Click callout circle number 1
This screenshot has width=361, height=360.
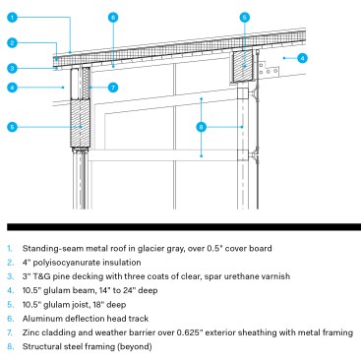coord(12,18)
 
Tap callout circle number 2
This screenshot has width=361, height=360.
coord(12,42)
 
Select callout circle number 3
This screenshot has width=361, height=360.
coord(12,68)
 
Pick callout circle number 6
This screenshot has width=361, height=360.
coord(113,18)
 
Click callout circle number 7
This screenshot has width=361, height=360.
coord(113,88)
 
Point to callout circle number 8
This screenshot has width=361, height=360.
coord(202,126)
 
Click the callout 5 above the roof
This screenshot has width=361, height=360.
coord(245,17)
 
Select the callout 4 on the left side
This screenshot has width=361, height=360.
coord(12,88)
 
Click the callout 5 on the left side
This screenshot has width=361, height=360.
coord(12,126)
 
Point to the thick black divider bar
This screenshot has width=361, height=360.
coord(180,228)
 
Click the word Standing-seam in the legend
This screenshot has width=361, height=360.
coord(45,249)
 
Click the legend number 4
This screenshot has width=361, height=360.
coord(9,292)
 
